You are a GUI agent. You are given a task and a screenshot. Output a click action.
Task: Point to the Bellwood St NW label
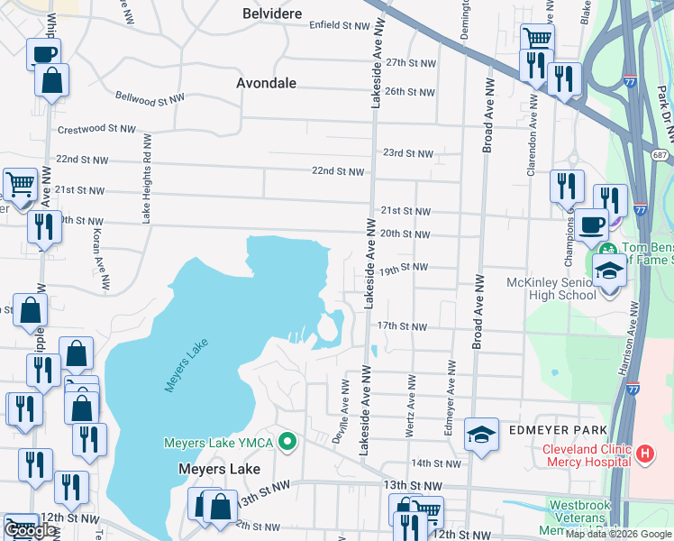tap(150, 96)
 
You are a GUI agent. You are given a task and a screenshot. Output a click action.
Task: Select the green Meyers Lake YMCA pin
tap(287, 442)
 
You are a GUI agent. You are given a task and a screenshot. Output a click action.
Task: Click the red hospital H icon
tap(644, 454)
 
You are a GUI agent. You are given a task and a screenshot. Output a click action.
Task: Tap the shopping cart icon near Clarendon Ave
tap(537, 39)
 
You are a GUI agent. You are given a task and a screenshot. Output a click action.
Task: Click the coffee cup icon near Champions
tap(591, 224)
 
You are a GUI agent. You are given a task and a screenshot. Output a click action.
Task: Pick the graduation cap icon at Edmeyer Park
tap(482, 435)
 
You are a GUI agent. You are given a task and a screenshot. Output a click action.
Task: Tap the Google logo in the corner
tap(31, 531)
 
